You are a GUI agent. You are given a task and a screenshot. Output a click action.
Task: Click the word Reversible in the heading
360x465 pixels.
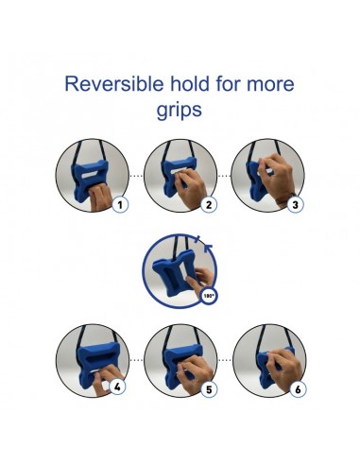point(114,84)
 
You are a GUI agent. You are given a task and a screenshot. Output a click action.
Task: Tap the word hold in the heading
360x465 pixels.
point(190,84)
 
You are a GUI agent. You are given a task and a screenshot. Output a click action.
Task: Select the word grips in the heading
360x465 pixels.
point(180,111)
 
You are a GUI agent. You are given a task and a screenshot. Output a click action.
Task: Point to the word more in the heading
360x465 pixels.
point(270,85)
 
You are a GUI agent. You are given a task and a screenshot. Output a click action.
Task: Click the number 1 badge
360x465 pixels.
point(120,205)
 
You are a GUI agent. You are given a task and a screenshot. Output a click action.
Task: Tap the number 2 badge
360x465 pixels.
point(209,205)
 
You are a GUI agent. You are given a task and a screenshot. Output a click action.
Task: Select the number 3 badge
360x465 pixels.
point(295,205)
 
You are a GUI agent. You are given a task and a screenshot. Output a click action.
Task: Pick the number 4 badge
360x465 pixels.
point(117,387)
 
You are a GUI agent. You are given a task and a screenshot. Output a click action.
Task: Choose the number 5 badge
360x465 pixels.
point(209,389)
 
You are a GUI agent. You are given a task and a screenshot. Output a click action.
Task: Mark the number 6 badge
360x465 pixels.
point(298,389)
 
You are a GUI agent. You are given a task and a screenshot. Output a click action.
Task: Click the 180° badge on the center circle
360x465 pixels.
point(209,296)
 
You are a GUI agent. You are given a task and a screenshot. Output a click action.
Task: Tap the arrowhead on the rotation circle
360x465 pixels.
point(208,248)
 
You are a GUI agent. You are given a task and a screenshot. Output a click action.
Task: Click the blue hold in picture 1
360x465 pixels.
point(90,178)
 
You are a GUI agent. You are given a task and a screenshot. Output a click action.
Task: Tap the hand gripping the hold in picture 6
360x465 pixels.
point(283,368)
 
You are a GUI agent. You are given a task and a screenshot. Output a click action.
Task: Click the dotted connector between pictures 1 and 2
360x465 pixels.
point(136,176)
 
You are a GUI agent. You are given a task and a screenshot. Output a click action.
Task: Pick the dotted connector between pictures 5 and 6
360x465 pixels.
point(225,360)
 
